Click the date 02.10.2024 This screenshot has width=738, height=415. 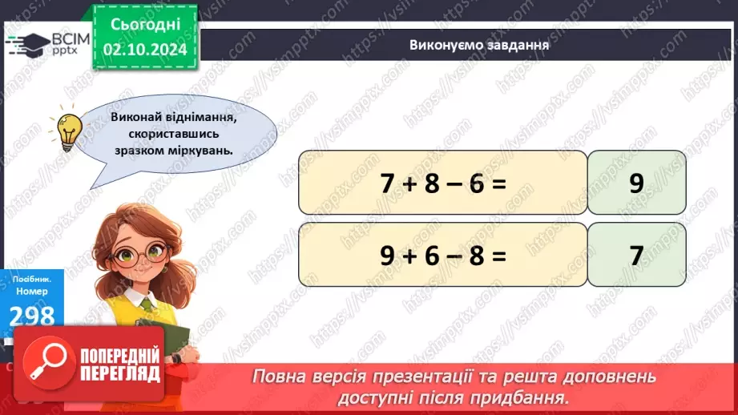(x=144, y=48)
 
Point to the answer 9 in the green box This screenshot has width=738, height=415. (x=636, y=183)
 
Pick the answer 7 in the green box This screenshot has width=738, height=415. (x=636, y=256)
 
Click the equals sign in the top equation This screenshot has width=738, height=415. (x=499, y=183)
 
